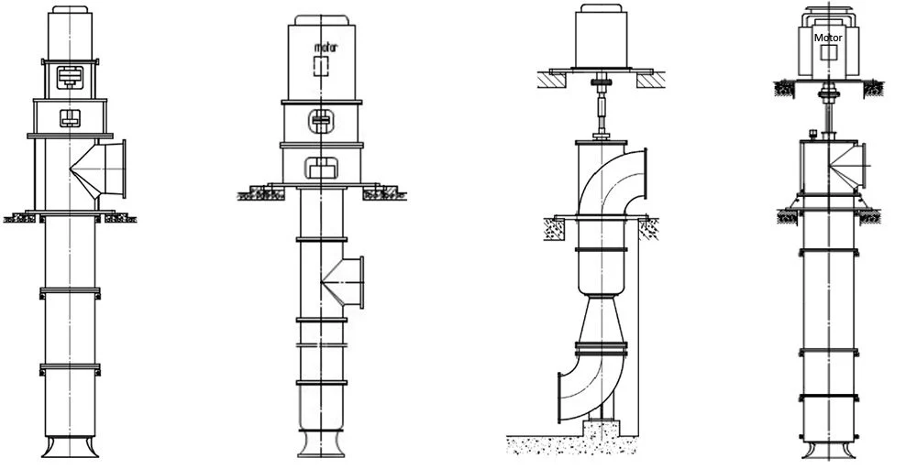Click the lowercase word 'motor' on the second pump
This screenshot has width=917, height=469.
[x=326, y=47]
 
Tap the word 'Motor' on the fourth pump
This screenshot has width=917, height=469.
[x=828, y=38]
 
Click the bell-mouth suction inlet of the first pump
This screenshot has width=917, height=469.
[x=69, y=447]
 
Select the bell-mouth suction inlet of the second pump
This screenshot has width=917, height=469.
[x=322, y=446]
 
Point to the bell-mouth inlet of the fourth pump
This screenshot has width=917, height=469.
[x=828, y=449]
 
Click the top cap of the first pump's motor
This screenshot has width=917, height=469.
[x=69, y=12]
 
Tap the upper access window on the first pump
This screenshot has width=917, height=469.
[x=68, y=78]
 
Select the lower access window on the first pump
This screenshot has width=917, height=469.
[x=69, y=116]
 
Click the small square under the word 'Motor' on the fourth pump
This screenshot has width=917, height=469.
[x=828, y=54]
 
